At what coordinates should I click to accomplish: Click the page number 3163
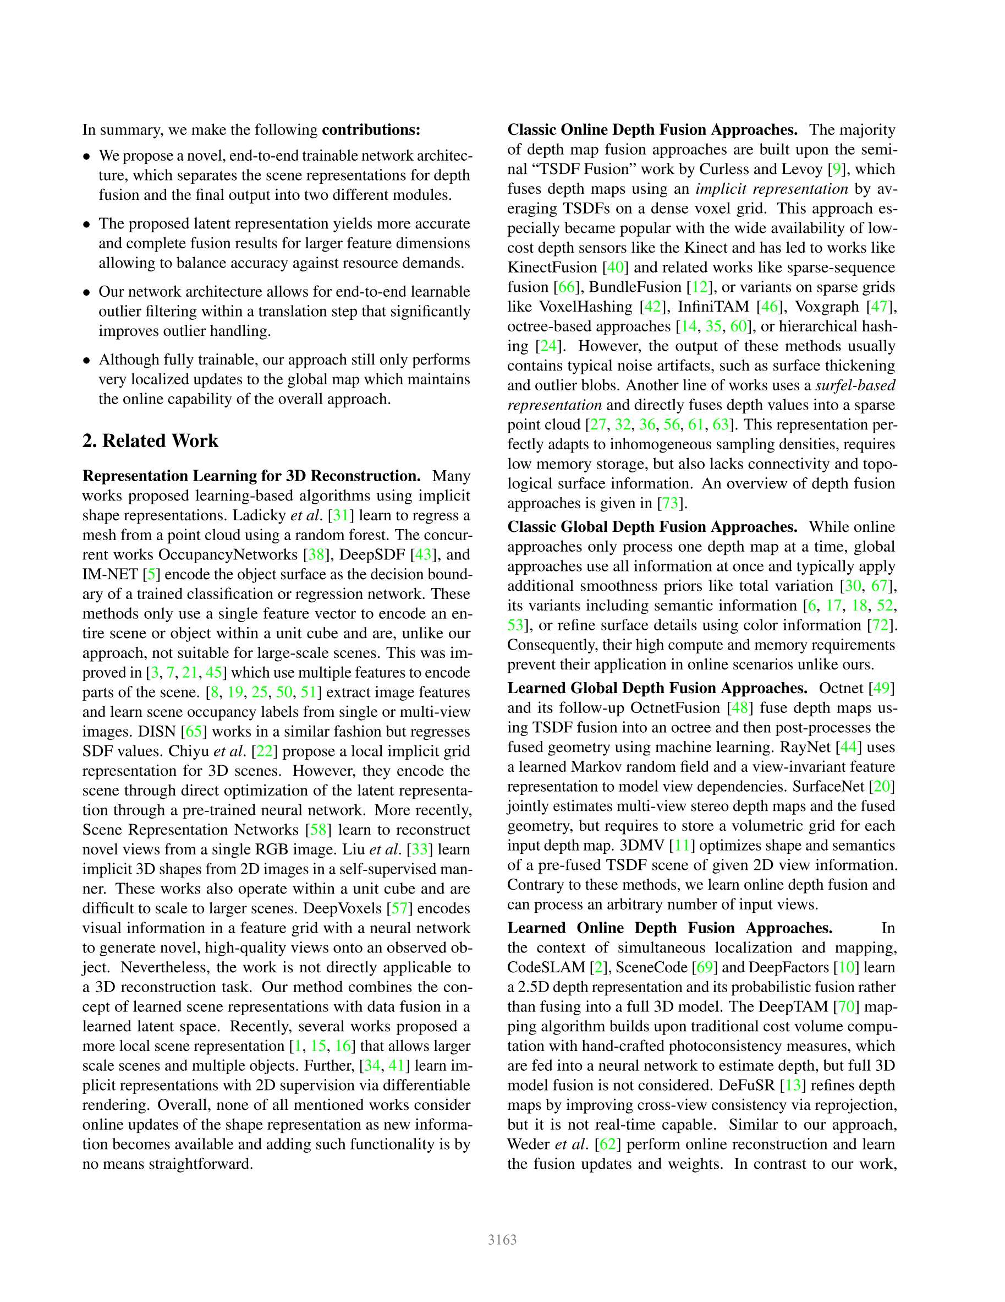tap(502, 1240)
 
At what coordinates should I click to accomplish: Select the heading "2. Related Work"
tap(150, 440)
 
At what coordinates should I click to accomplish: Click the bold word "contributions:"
tap(371, 130)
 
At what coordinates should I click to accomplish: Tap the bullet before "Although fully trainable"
tap(87, 361)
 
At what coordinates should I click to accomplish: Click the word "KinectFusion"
tap(552, 268)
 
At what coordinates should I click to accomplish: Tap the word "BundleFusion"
tap(635, 287)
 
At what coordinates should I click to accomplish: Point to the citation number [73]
tap(670, 503)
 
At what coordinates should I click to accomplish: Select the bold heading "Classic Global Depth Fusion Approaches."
tap(652, 527)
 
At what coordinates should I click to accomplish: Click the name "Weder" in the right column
tap(529, 1144)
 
